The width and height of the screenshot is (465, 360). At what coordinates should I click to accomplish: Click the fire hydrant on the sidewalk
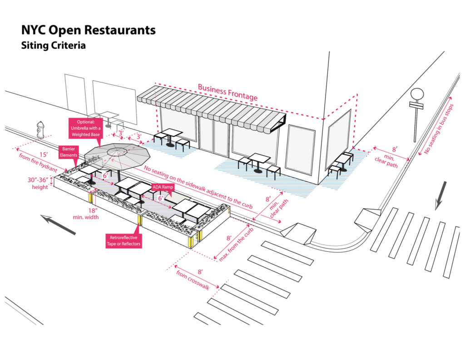click(x=41, y=130)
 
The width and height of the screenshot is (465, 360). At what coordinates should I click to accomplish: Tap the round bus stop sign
click(x=416, y=95)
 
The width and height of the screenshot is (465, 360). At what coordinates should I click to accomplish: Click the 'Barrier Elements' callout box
click(x=69, y=151)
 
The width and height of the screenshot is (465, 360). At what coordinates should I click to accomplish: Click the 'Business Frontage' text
click(x=228, y=92)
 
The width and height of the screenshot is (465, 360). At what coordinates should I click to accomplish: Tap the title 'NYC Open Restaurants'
click(x=88, y=30)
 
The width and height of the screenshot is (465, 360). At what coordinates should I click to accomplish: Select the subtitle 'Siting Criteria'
click(x=53, y=46)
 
